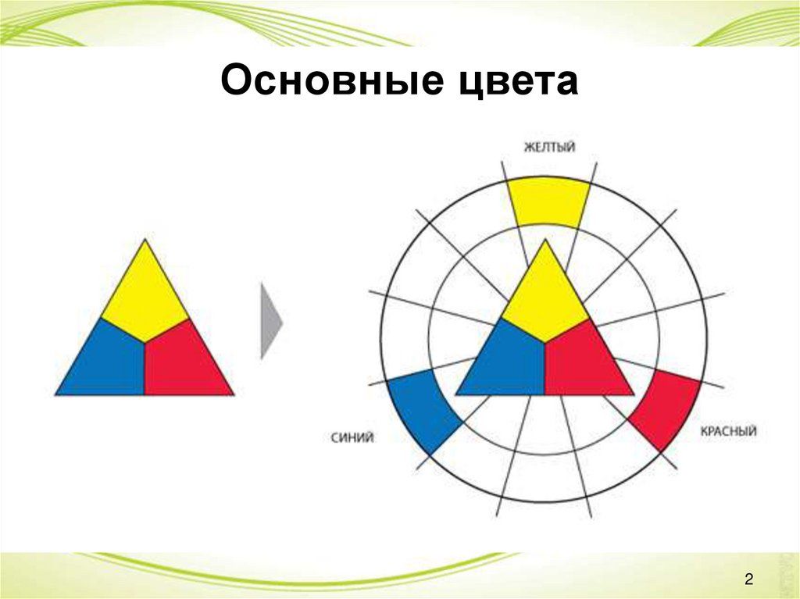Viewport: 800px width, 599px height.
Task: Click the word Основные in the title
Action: coord(332,80)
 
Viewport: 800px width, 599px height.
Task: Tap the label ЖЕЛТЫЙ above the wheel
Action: coord(549,147)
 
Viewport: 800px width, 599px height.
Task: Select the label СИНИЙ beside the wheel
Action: coord(352,438)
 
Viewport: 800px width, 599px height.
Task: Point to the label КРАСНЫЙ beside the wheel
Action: coord(728,432)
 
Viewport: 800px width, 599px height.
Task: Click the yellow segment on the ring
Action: coord(549,202)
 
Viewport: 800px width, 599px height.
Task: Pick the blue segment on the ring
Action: coord(423,412)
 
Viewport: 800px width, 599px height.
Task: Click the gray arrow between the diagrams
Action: coord(271,322)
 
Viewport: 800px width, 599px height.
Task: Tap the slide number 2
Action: coord(748,579)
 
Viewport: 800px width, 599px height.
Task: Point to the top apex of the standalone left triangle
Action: coord(145,239)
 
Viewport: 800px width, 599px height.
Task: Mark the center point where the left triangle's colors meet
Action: coord(145,343)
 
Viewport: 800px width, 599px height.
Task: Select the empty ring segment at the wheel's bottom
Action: coord(545,478)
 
